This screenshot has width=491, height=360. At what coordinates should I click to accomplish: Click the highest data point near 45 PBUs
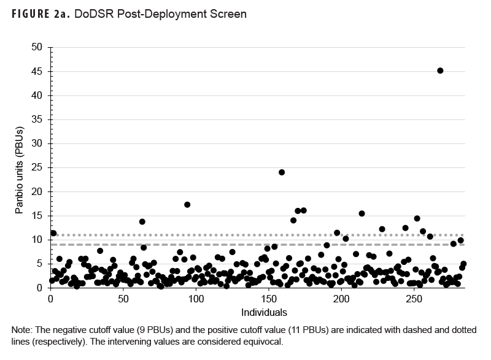(440, 71)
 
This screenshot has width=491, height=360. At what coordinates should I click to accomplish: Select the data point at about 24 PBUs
(282, 172)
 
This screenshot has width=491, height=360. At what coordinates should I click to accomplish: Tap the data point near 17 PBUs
(187, 205)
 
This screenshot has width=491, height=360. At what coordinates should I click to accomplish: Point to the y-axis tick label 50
(37, 47)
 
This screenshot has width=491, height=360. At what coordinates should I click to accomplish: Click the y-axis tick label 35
(37, 119)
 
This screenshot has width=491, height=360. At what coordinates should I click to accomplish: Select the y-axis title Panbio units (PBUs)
(19, 167)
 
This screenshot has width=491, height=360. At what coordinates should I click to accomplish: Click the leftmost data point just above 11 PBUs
(53, 233)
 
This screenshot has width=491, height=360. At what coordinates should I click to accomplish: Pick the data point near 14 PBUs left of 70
(142, 221)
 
